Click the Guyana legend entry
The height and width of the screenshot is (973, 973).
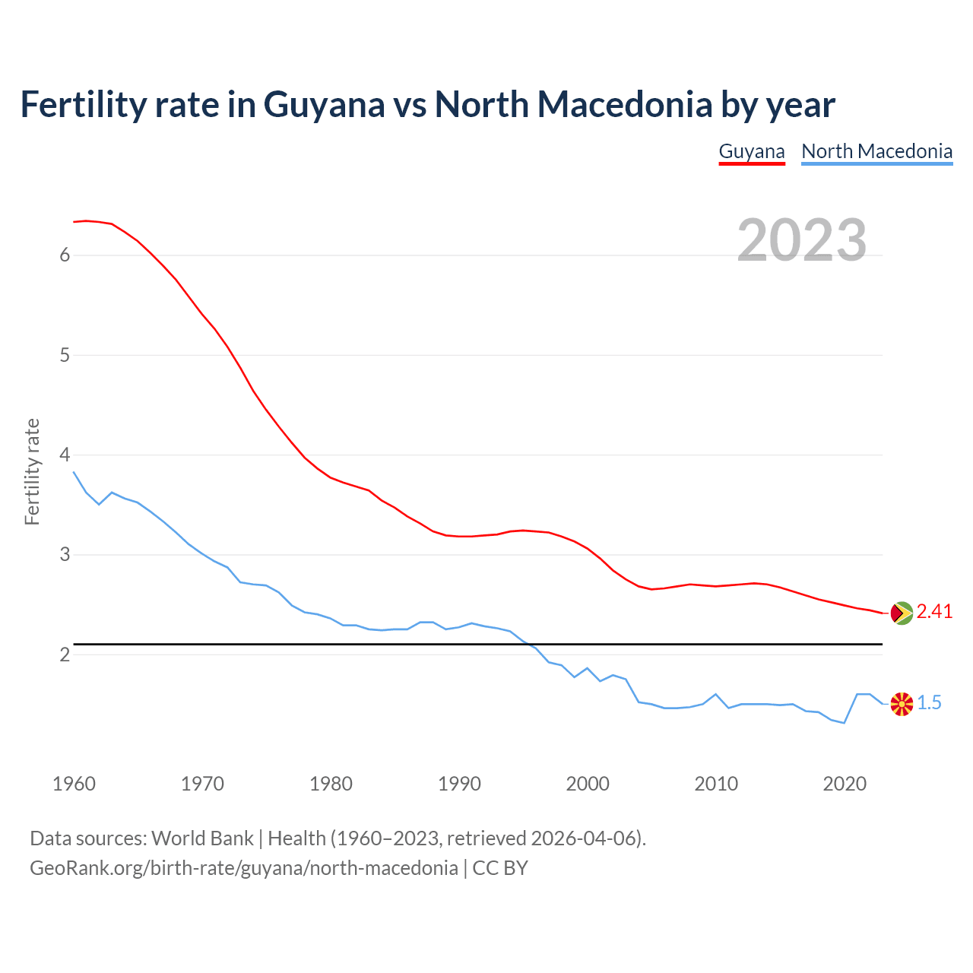(x=751, y=151)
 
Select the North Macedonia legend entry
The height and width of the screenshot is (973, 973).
(x=876, y=151)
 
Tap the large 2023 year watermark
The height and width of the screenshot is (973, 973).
(x=802, y=240)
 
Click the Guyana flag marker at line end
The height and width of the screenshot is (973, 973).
(x=902, y=613)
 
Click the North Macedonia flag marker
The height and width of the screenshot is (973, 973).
(x=902, y=704)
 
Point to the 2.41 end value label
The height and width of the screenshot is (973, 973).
(x=934, y=612)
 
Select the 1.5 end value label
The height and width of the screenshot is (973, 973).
(x=929, y=703)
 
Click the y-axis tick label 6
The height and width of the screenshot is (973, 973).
(x=65, y=255)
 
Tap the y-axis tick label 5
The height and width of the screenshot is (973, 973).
(x=65, y=355)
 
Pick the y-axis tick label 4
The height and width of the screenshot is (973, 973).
(x=65, y=455)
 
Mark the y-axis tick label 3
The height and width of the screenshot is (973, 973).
(x=65, y=555)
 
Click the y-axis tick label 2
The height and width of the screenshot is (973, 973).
(x=65, y=654)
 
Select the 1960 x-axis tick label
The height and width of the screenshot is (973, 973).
(x=74, y=784)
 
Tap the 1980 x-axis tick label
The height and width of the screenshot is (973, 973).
(x=331, y=784)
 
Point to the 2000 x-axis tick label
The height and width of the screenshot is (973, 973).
(x=588, y=784)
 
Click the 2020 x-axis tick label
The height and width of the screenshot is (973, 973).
(x=845, y=784)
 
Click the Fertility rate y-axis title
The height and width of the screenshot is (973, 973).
(x=32, y=471)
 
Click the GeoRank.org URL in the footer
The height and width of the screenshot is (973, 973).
(x=243, y=868)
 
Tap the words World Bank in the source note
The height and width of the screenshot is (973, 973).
(x=202, y=838)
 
